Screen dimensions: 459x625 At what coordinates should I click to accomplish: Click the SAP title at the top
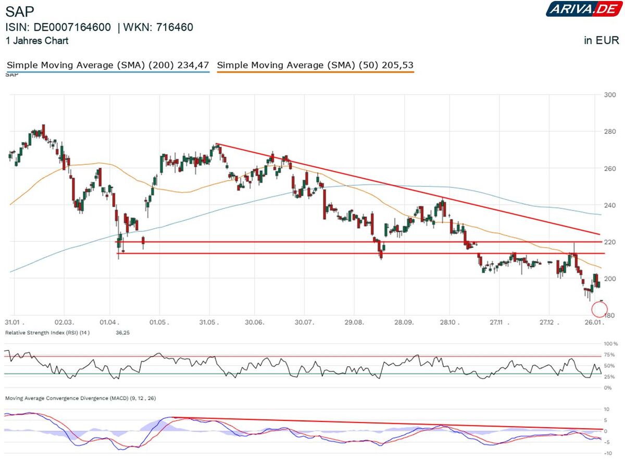(x=20, y=12)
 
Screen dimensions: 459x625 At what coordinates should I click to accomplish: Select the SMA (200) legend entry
(x=108, y=65)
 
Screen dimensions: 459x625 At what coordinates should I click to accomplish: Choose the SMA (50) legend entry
(x=315, y=65)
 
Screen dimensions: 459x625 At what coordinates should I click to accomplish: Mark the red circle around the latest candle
(x=600, y=309)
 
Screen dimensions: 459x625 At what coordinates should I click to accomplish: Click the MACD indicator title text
(x=80, y=398)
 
